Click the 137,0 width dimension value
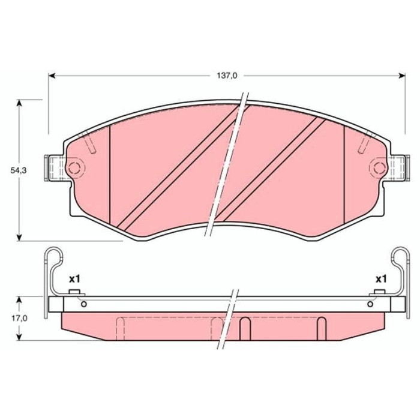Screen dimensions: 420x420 227,76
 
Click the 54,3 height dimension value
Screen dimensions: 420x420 19,170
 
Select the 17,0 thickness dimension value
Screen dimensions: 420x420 19,318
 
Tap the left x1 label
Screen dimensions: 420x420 75,280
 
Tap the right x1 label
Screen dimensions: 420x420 381,280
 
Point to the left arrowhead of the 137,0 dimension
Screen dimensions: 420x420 52,76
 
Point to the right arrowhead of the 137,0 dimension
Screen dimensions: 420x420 402,76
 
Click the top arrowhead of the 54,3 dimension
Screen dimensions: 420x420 19,103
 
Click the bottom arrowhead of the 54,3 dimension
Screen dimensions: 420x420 19,238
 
